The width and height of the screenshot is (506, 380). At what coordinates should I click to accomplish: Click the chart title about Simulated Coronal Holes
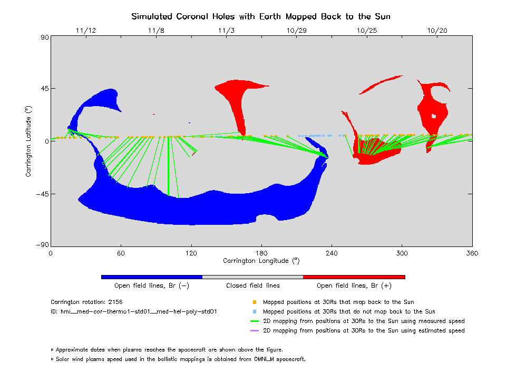point(261,16)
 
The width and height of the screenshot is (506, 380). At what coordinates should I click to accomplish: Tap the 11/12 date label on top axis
point(85,31)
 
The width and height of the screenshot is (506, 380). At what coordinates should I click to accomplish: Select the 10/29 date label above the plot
point(297,31)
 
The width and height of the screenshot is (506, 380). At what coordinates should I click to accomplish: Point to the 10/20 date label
point(437,31)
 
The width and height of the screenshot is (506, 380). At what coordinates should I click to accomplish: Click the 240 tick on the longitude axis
point(332,253)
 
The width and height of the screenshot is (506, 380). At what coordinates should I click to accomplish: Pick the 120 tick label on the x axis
point(191,253)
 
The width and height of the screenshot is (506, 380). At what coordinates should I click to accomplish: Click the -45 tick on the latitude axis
point(41,194)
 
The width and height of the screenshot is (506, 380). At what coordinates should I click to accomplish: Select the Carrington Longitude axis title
point(261,261)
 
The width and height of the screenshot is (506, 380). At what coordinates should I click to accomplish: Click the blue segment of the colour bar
point(151,277)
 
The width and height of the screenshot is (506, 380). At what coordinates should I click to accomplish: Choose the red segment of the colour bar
point(354,277)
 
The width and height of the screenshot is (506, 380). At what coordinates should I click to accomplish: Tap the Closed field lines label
point(253,286)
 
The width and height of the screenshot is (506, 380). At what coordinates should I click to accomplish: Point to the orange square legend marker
point(255,302)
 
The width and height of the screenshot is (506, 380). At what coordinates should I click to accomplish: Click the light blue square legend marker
point(255,312)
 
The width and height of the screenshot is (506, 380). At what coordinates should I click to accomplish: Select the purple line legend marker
point(255,331)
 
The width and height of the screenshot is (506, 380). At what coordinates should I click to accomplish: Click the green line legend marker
point(255,321)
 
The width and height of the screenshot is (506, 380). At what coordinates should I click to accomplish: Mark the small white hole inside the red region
point(434,116)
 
